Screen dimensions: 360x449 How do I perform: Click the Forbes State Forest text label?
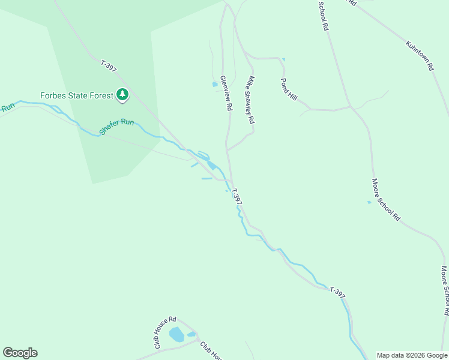tap(77, 95)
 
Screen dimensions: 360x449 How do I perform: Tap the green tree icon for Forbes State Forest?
tap(123, 94)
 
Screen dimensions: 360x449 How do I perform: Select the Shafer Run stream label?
tap(117, 126)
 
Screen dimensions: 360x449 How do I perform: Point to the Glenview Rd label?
tap(226, 93)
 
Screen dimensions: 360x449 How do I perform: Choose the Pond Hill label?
tap(289, 89)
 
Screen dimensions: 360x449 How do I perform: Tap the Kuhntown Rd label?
tap(419, 56)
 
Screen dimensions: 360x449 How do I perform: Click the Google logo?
tap(20, 353)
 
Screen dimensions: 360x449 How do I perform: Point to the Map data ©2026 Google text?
tap(412, 355)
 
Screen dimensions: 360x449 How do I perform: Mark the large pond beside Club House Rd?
tap(176, 335)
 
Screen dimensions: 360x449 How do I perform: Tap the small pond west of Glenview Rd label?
tap(215, 85)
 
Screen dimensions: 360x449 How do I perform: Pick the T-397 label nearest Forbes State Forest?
tap(109, 66)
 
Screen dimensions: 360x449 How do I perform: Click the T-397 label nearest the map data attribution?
tap(338, 293)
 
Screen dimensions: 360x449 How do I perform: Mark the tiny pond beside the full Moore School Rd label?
tap(369, 202)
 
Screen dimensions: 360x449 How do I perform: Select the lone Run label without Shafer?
tap(7, 108)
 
